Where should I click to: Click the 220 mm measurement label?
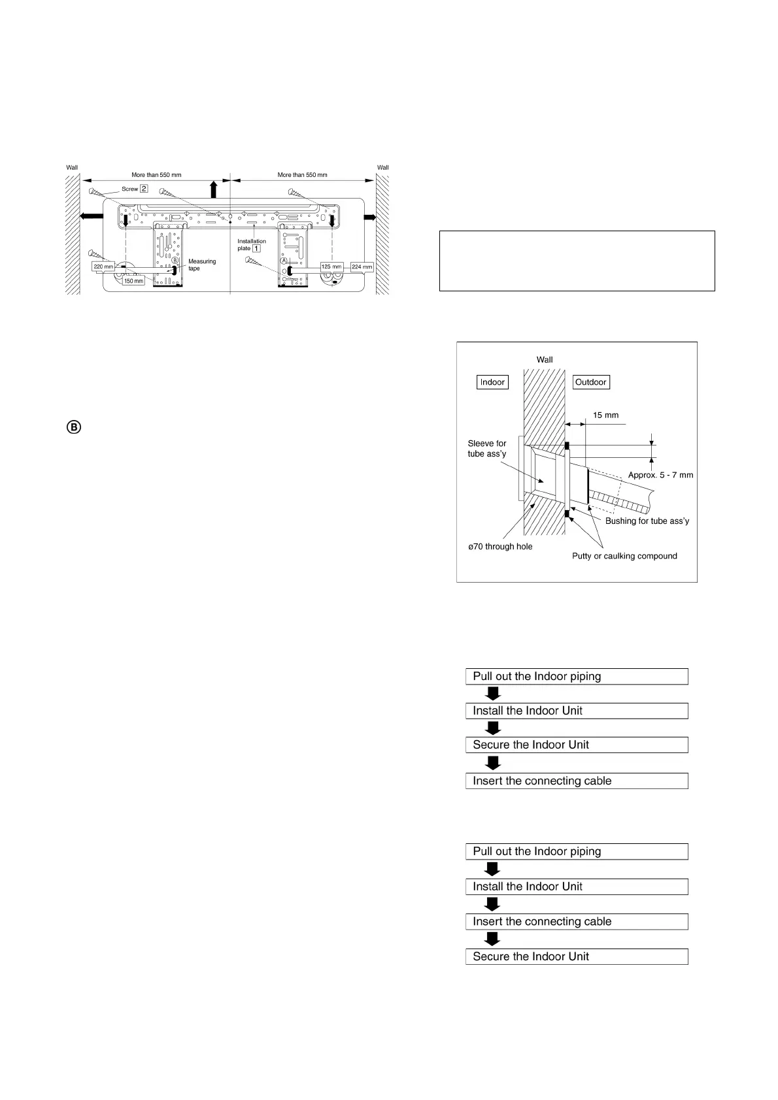click(x=103, y=267)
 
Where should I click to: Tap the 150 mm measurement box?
click(x=133, y=281)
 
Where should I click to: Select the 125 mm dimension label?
click(x=331, y=267)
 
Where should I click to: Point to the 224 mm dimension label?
click(x=362, y=267)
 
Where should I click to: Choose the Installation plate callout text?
click(x=250, y=245)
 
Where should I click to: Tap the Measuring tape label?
click(x=202, y=265)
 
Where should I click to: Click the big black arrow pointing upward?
click(x=213, y=189)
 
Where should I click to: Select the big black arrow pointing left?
click(x=92, y=217)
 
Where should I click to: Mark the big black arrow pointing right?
click(x=369, y=217)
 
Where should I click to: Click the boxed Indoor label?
click(x=492, y=382)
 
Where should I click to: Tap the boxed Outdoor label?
click(x=590, y=382)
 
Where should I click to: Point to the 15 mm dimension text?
click(x=605, y=415)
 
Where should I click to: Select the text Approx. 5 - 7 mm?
click(x=660, y=475)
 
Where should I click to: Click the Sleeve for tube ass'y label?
click(x=487, y=448)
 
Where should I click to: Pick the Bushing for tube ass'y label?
click(x=647, y=521)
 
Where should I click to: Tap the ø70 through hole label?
click(x=500, y=546)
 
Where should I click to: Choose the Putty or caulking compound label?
click(x=624, y=556)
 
